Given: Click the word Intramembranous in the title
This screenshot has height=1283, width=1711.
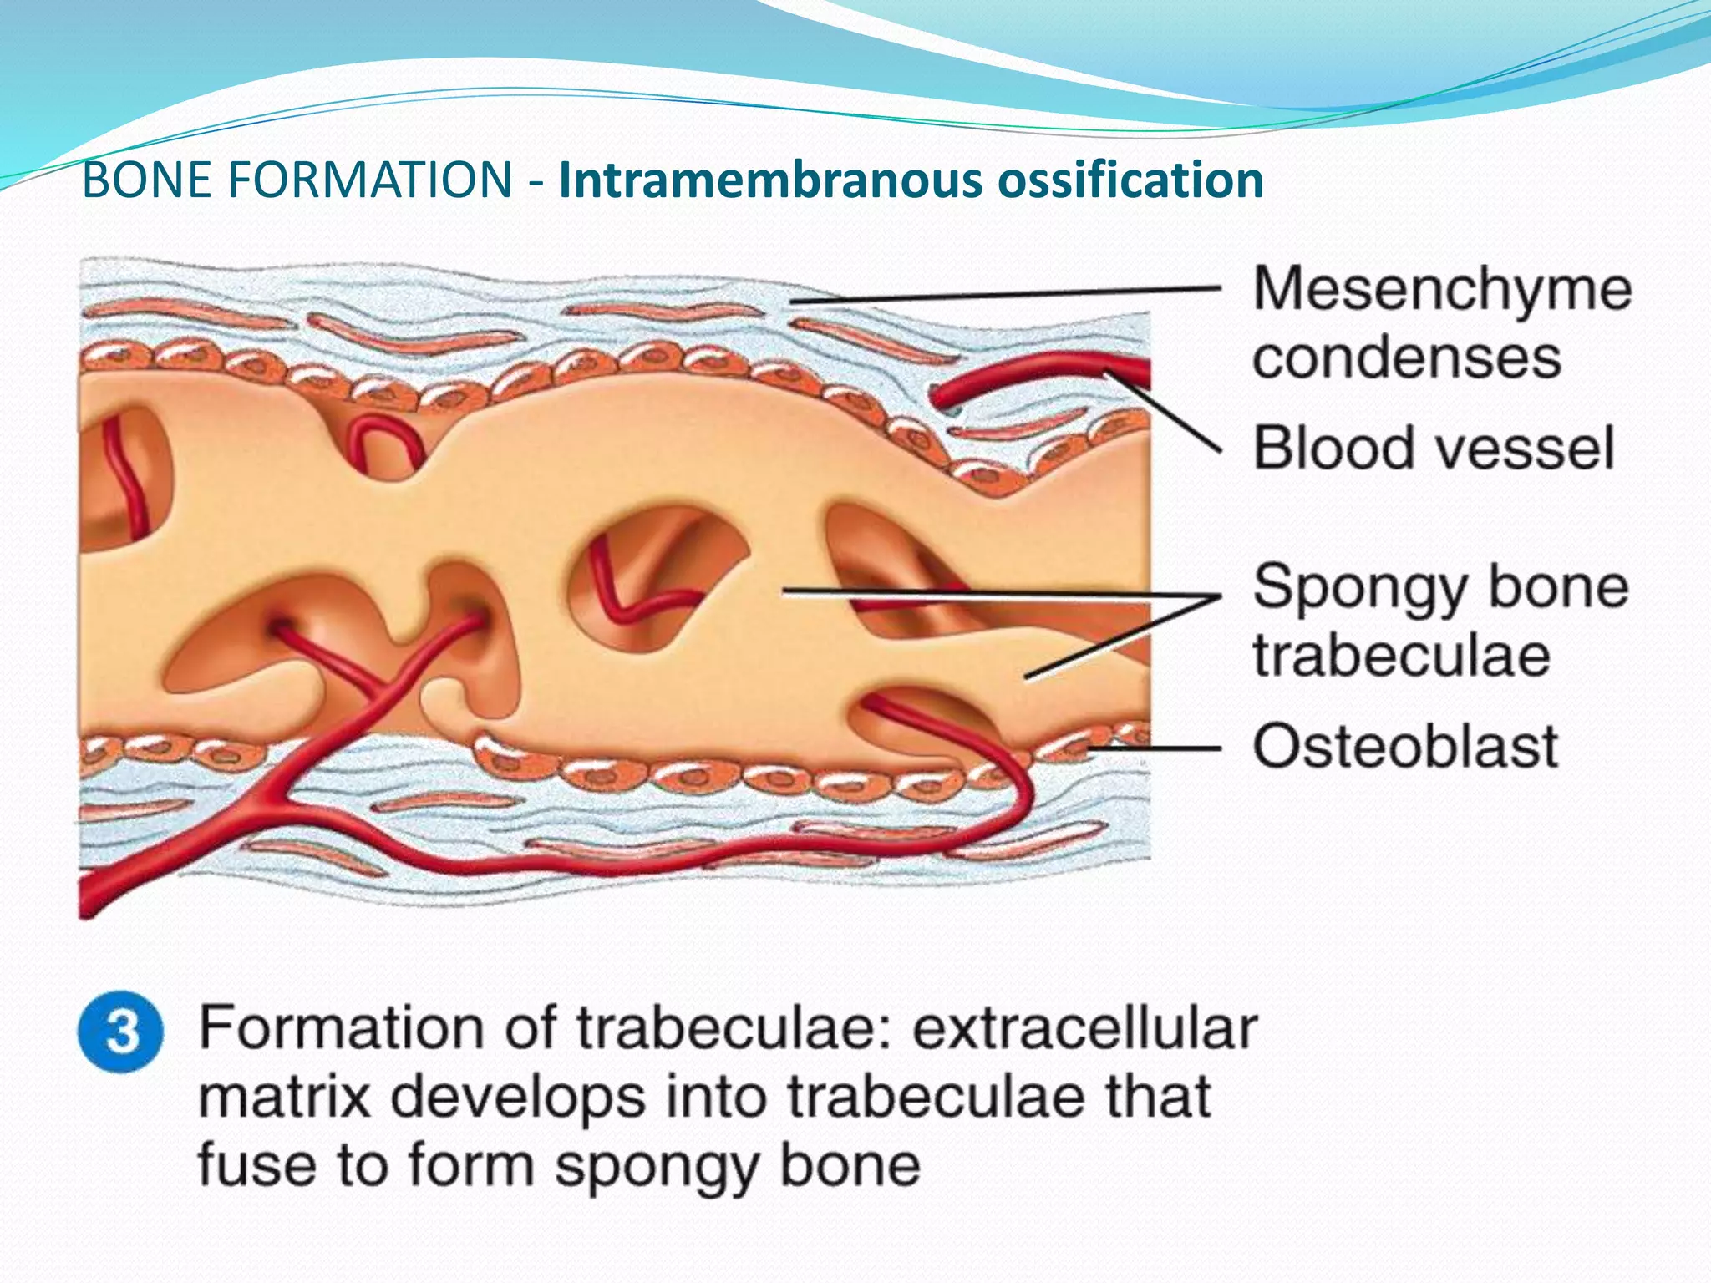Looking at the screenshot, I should coord(769,180).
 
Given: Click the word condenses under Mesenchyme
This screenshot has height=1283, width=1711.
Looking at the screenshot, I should coord(1407,358).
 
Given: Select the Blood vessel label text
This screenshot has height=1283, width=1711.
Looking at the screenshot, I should coord(1434,448).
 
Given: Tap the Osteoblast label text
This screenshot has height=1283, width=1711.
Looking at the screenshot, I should coord(1405,745).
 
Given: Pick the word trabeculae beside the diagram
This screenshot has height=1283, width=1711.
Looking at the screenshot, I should coord(1402,655).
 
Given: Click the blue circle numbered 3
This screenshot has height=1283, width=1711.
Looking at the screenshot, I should coord(121,1032).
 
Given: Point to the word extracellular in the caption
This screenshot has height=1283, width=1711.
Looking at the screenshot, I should coord(1084,1027).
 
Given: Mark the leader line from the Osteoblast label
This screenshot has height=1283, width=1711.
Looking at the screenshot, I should coord(1153,748).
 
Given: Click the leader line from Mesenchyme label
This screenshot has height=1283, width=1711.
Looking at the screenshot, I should coord(1003,295).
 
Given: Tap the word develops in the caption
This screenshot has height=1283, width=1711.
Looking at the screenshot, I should coord(518,1099).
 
